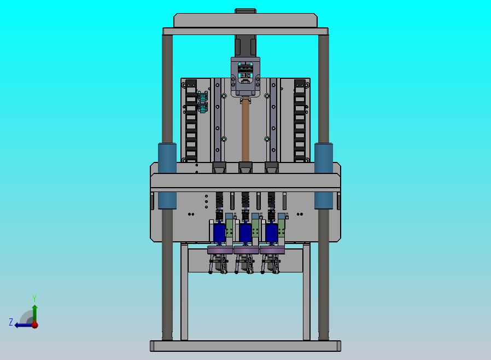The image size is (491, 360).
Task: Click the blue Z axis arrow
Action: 23,325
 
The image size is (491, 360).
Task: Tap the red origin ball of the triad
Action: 35,325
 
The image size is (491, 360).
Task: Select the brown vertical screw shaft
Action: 245,132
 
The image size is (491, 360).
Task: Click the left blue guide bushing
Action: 167,176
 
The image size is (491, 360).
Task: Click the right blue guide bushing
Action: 324,176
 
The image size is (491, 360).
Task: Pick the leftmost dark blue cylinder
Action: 219,233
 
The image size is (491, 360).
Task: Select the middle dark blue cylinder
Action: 245,233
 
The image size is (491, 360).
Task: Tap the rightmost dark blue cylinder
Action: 272,233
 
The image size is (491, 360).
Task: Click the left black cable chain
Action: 191,120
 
